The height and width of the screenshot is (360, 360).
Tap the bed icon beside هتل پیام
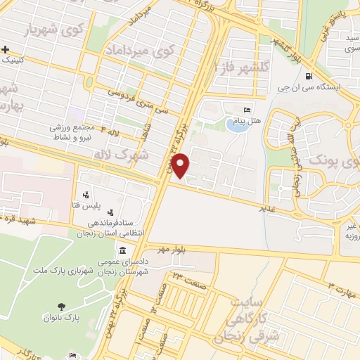point(246,110)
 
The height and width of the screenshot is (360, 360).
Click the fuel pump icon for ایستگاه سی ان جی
point(308,77)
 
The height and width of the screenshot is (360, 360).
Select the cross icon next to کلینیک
point(6,49)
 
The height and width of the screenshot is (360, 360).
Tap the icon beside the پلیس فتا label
point(86,195)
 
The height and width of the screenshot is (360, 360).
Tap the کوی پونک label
point(330,160)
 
